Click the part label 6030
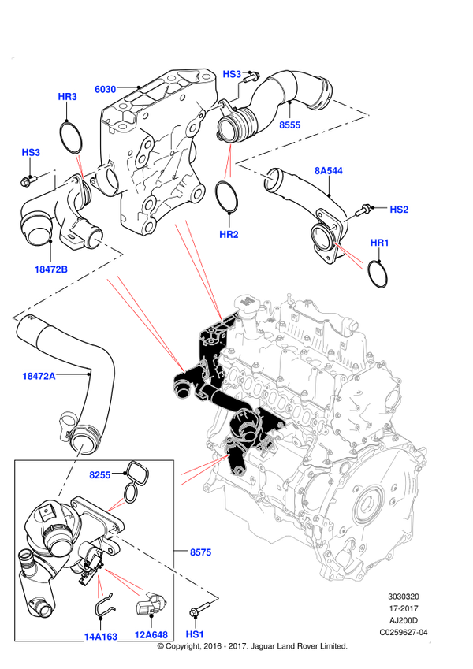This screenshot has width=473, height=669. pos(106,89)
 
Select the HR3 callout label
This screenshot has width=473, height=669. pos(68,97)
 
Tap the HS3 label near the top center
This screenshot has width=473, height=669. pos(231,74)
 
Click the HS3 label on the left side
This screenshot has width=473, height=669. pos(31,152)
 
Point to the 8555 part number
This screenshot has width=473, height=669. pos(289,125)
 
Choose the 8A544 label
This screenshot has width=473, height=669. pos(329,171)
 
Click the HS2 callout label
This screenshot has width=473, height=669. pos(399,210)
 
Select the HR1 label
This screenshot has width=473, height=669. pos(380,243)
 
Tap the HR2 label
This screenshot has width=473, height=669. pos(229,235)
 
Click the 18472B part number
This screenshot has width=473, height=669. pos(50,269)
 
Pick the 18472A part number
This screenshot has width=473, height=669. pos(39,377)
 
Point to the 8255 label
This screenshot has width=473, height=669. pos(99,475)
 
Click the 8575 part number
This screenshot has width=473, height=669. pos(200,552)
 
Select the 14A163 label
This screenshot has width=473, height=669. pos(100,637)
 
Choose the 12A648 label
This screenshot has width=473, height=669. pos(151,634)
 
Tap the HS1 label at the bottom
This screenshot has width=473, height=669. pos(195,634)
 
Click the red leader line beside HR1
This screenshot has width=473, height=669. pos(349,257)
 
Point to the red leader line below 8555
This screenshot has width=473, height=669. pos(228,162)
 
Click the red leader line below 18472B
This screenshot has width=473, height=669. pos(145,323)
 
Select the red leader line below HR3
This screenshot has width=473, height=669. pos(79,165)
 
